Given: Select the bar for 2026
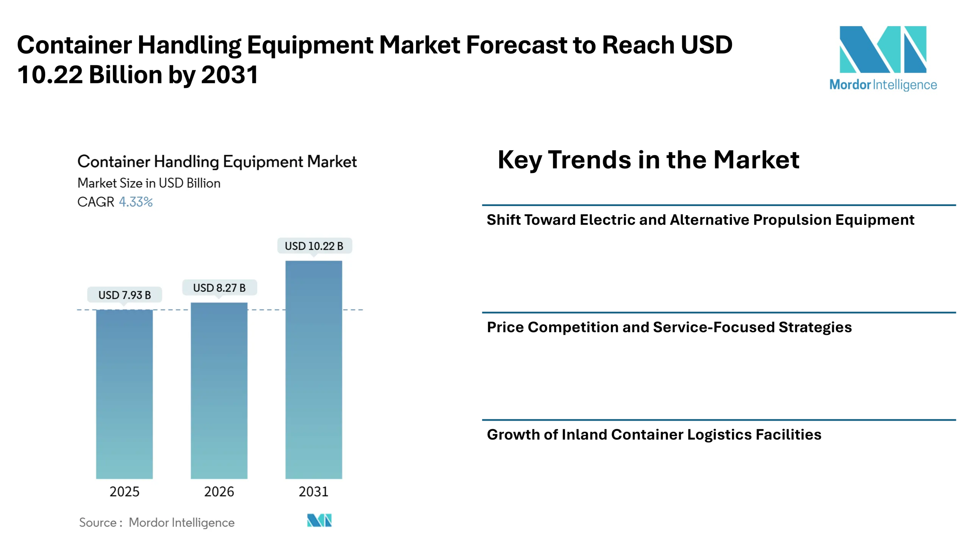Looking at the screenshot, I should click(x=219, y=390).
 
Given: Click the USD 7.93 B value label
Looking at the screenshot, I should click(x=124, y=295).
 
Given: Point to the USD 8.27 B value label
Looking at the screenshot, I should click(x=219, y=288).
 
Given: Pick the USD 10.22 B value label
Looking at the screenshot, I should click(x=314, y=246).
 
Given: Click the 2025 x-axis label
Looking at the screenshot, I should click(x=124, y=491).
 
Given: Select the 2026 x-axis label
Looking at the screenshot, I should click(x=219, y=491).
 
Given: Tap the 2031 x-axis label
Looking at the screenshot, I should click(x=314, y=491).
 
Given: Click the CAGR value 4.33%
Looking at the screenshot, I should click(x=136, y=202).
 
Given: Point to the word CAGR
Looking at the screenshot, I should click(x=96, y=202).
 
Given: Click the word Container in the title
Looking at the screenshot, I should click(x=114, y=162).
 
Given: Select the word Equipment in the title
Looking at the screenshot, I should click(x=263, y=162).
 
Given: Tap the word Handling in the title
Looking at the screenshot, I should click(x=187, y=162).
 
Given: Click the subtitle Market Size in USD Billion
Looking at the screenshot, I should click(x=149, y=183).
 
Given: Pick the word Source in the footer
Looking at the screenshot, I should click(x=98, y=522).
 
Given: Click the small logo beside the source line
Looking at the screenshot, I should click(x=319, y=520).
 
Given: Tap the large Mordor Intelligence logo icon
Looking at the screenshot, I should click(x=883, y=49).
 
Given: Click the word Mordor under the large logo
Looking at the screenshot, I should click(x=850, y=85).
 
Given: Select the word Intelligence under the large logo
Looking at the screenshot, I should click(x=905, y=85).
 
